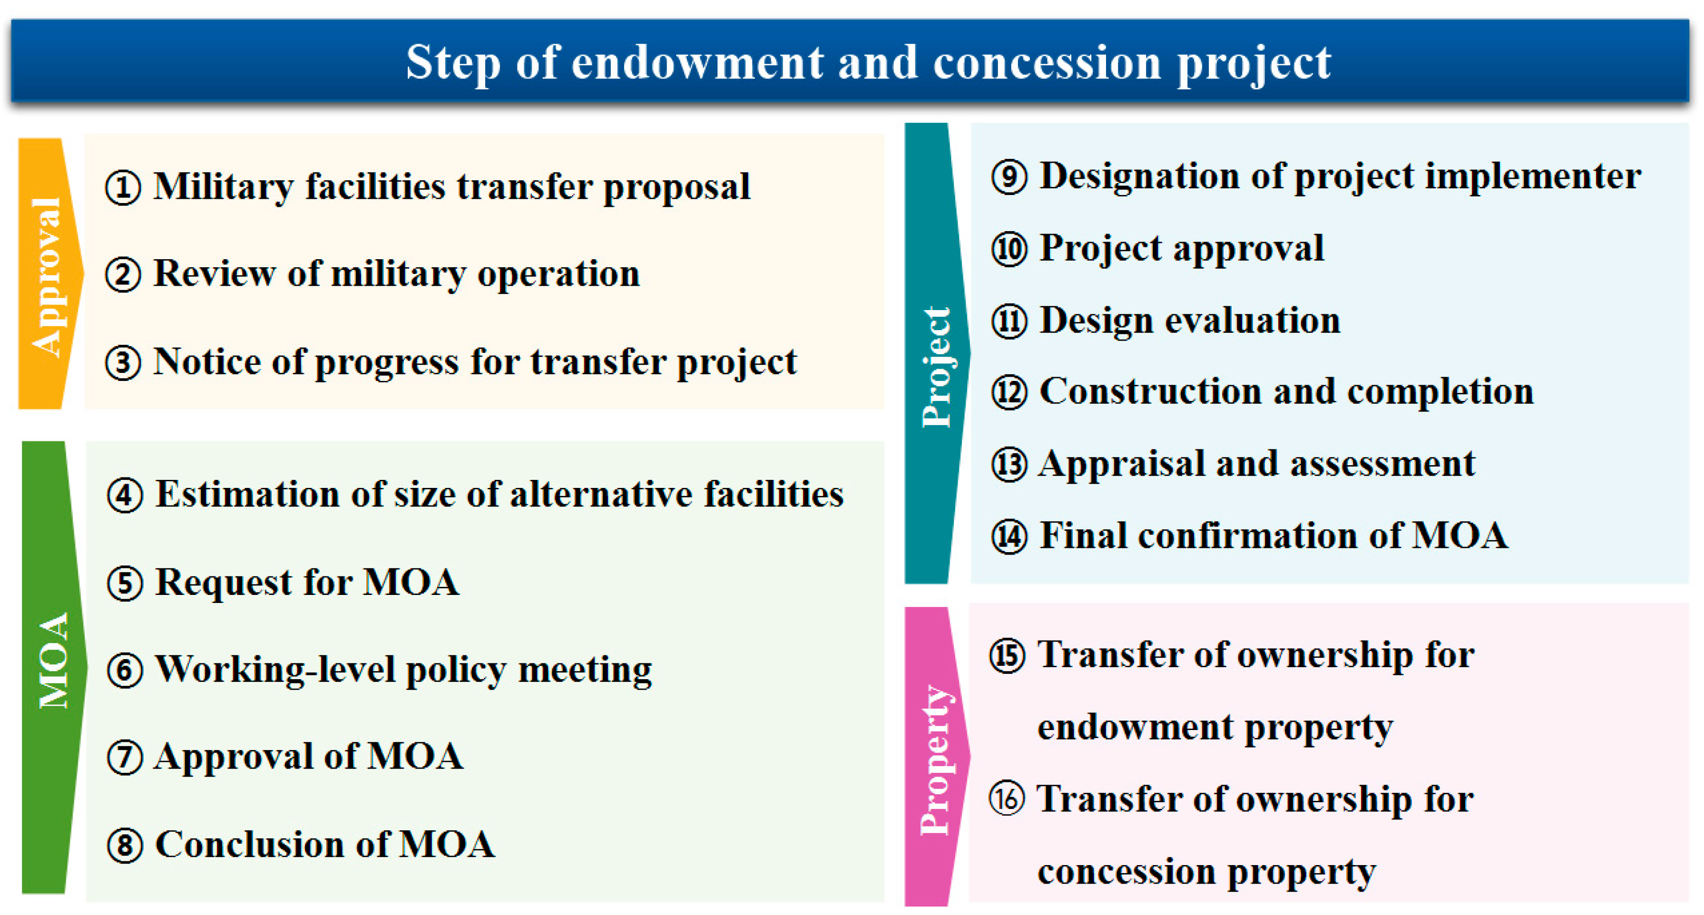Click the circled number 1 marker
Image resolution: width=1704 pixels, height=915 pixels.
(123, 188)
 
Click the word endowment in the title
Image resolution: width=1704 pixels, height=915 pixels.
(697, 62)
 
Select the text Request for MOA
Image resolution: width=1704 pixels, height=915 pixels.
(307, 583)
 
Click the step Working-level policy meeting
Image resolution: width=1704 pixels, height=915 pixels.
(403, 670)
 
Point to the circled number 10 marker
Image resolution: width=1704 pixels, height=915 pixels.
(1009, 250)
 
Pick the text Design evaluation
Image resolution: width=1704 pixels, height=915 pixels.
(1190, 321)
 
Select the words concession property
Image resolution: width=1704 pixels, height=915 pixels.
(1206, 871)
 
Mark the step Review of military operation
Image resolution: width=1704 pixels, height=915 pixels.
(397, 274)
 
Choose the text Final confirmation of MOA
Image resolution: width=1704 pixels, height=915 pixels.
(1273, 535)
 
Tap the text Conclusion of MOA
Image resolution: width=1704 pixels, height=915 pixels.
(325, 845)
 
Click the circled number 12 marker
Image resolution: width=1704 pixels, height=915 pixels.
(1009, 393)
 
